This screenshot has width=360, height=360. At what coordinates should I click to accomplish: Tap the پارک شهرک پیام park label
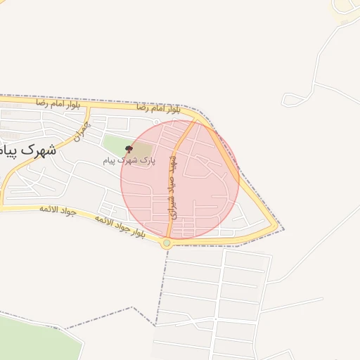127,161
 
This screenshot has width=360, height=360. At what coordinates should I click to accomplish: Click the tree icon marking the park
127,148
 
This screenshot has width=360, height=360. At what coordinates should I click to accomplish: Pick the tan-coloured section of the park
141,150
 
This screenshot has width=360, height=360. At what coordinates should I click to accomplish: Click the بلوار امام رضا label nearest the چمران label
59,103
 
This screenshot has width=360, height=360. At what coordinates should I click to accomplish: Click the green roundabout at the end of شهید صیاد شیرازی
167,243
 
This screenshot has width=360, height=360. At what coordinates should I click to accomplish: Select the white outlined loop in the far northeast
345,8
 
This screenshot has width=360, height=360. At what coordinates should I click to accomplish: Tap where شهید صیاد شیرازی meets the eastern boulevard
197,120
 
